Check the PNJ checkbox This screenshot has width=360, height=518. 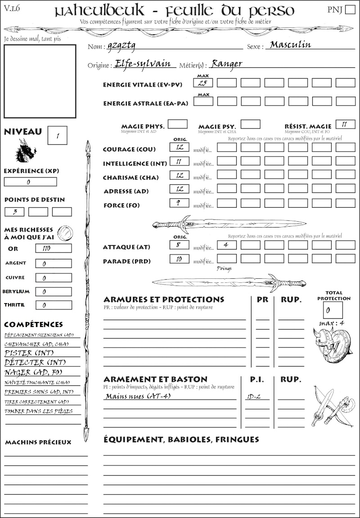[x=350, y=10]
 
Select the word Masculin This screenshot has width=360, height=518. [x=290, y=45]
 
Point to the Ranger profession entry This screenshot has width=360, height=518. [x=227, y=63]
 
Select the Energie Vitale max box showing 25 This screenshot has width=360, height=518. [x=204, y=83]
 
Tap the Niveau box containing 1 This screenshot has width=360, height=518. [x=57, y=135]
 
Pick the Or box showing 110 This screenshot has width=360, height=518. [x=54, y=248]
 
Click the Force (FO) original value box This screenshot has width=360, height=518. [x=180, y=203]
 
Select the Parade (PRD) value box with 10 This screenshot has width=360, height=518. [x=180, y=259]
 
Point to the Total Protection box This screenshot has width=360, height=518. [x=333, y=310]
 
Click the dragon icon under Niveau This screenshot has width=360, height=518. [x=26, y=150]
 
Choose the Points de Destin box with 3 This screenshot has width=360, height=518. [x=15, y=211]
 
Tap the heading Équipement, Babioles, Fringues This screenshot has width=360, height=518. [x=181, y=439]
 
